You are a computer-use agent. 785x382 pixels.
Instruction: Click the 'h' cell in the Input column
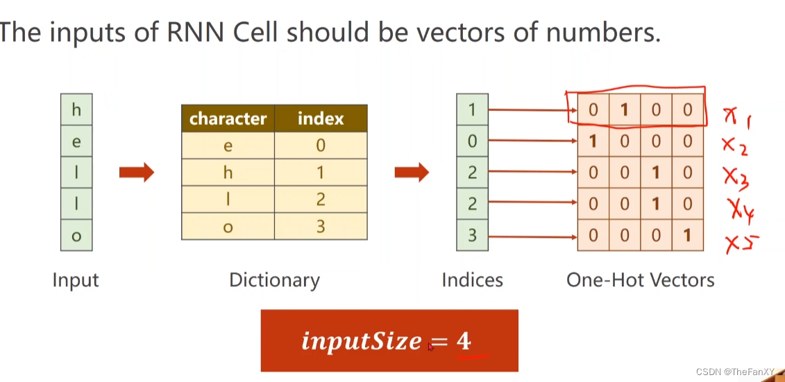(76, 110)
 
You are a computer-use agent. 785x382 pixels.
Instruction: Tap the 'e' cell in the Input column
(76, 142)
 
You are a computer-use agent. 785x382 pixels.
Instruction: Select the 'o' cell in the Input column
(76, 236)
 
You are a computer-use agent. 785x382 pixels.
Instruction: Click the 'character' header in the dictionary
(228, 119)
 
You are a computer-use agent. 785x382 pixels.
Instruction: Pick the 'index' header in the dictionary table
(320, 119)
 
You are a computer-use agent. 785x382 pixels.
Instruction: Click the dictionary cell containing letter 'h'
(228, 173)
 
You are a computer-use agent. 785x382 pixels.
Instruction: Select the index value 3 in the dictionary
(320, 227)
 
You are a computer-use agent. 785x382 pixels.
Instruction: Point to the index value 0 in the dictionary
(320, 146)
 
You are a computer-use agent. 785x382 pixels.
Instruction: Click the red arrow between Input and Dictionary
(136, 173)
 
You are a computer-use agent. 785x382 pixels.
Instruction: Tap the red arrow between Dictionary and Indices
(412, 173)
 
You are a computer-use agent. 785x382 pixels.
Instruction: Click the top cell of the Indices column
(472, 110)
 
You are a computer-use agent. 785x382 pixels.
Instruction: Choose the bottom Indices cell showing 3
(472, 236)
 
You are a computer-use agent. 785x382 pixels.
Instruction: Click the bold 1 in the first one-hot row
(624, 110)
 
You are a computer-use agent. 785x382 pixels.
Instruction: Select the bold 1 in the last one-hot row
(687, 236)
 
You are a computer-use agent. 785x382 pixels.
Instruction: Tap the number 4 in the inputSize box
(463, 341)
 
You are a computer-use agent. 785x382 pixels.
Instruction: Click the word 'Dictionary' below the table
(274, 280)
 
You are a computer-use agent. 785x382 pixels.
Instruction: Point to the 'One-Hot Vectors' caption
(640, 280)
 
